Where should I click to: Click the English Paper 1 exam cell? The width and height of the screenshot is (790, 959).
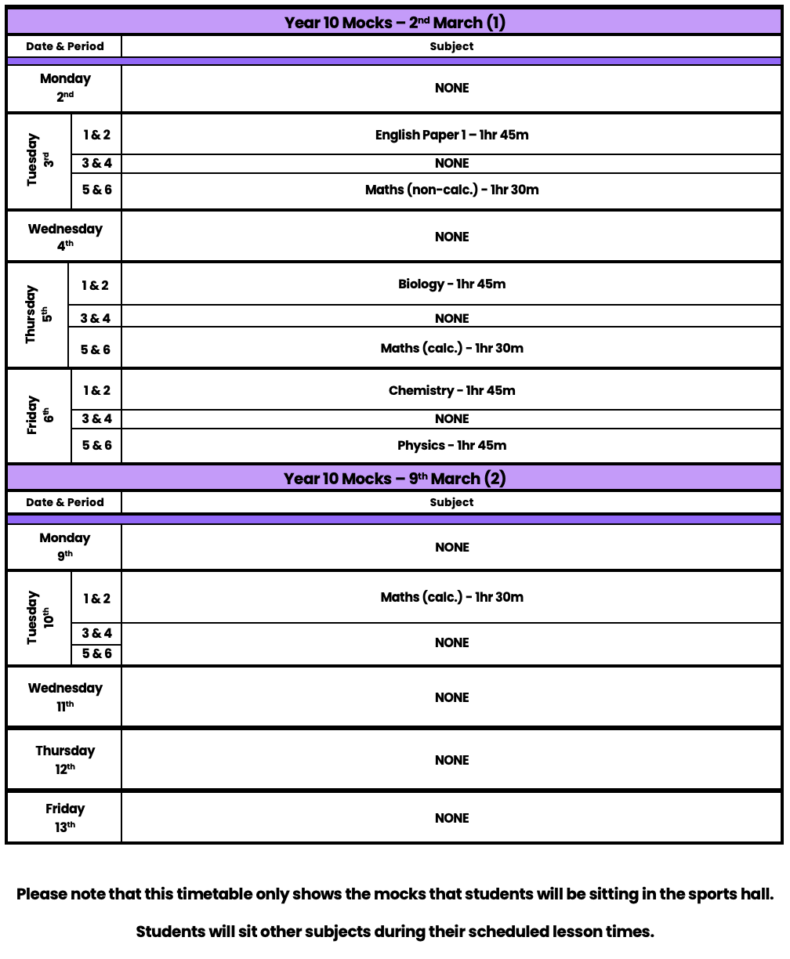click(451, 135)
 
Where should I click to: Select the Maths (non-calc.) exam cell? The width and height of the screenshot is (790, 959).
click(451, 190)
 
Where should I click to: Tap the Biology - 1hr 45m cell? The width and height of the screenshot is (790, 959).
click(451, 284)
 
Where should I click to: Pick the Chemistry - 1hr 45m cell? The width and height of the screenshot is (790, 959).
click(451, 390)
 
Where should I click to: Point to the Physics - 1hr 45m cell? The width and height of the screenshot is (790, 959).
click(451, 445)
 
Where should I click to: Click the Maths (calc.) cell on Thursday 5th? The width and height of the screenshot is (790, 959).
click(451, 348)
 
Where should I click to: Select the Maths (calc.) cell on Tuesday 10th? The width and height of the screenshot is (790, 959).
click(451, 597)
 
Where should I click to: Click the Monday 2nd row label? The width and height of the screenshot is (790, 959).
click(65, 88)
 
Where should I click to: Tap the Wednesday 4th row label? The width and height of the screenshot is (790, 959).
click(65, 237)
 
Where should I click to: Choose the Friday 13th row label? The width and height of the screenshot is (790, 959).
click(65, 817)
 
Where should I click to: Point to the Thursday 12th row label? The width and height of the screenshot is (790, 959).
click(65, 759)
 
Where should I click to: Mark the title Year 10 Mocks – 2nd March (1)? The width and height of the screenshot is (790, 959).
click(394, 22)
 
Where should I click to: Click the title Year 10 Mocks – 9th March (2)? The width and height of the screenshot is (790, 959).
click(394, 478)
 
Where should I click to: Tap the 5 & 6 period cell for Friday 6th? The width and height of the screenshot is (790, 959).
click(96, 445)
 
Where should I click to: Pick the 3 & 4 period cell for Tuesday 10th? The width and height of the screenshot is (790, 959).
click(96, 633)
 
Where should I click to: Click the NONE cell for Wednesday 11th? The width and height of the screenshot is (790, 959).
click(451, 697)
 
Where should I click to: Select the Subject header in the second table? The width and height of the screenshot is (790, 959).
click(451, 502)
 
